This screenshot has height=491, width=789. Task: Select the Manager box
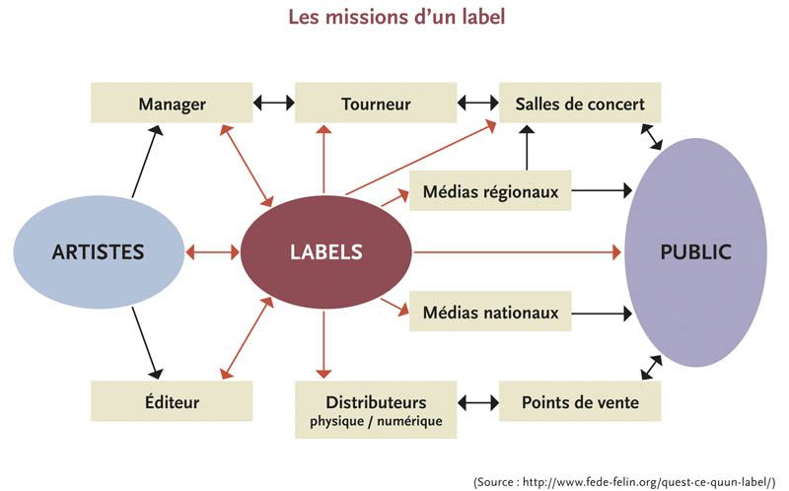(172, 104)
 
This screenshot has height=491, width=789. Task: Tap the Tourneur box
(376, 104)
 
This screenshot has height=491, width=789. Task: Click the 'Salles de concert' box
(579, 104)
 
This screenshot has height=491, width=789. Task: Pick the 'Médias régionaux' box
(490, 191)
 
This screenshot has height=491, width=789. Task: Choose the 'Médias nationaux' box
(490, 313)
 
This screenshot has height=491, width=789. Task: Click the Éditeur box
(172, 401)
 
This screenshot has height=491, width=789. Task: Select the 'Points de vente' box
(579, 401)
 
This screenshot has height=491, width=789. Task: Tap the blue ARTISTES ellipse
(99, 251)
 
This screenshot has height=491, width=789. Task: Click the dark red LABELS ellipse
(326, 251)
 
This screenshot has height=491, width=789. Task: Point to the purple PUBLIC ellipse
(695, 251)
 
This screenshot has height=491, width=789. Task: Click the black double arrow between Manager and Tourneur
(273, 103)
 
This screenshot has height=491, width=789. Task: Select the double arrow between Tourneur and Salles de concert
(478, 103)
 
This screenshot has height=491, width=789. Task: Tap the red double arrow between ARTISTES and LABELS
(212, 252)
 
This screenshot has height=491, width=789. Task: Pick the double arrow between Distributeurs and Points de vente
(478, 402)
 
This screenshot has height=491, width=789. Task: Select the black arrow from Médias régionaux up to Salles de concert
(528, 147)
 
